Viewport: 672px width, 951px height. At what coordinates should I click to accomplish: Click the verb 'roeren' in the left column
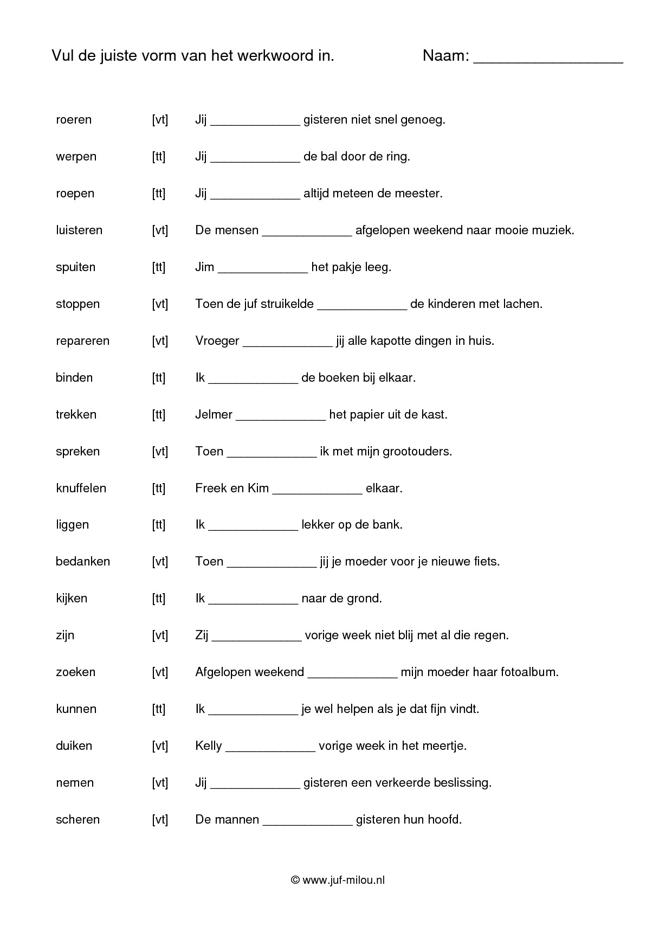(x=74, y=120)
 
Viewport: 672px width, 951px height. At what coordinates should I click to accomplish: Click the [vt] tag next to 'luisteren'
(x=160, y=230)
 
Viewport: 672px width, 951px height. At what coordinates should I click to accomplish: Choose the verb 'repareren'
(x=82, y=341)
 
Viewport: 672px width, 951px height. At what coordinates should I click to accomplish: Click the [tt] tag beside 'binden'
(x=158, y=378)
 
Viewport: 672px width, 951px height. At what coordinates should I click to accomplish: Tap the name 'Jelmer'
(x=214, y=415)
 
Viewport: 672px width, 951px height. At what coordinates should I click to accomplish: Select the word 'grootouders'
(x=417, y=452)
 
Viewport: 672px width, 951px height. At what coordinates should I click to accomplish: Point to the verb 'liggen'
(x=72, y=525)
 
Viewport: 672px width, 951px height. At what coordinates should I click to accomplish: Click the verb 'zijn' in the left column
(x=65, y=635)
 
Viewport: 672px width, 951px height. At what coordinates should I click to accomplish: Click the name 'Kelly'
(x=209, y=746)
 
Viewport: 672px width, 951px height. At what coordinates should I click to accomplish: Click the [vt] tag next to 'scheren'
(x=160, y=820)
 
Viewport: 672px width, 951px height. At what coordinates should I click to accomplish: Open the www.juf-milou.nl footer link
(x=343, y=881)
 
